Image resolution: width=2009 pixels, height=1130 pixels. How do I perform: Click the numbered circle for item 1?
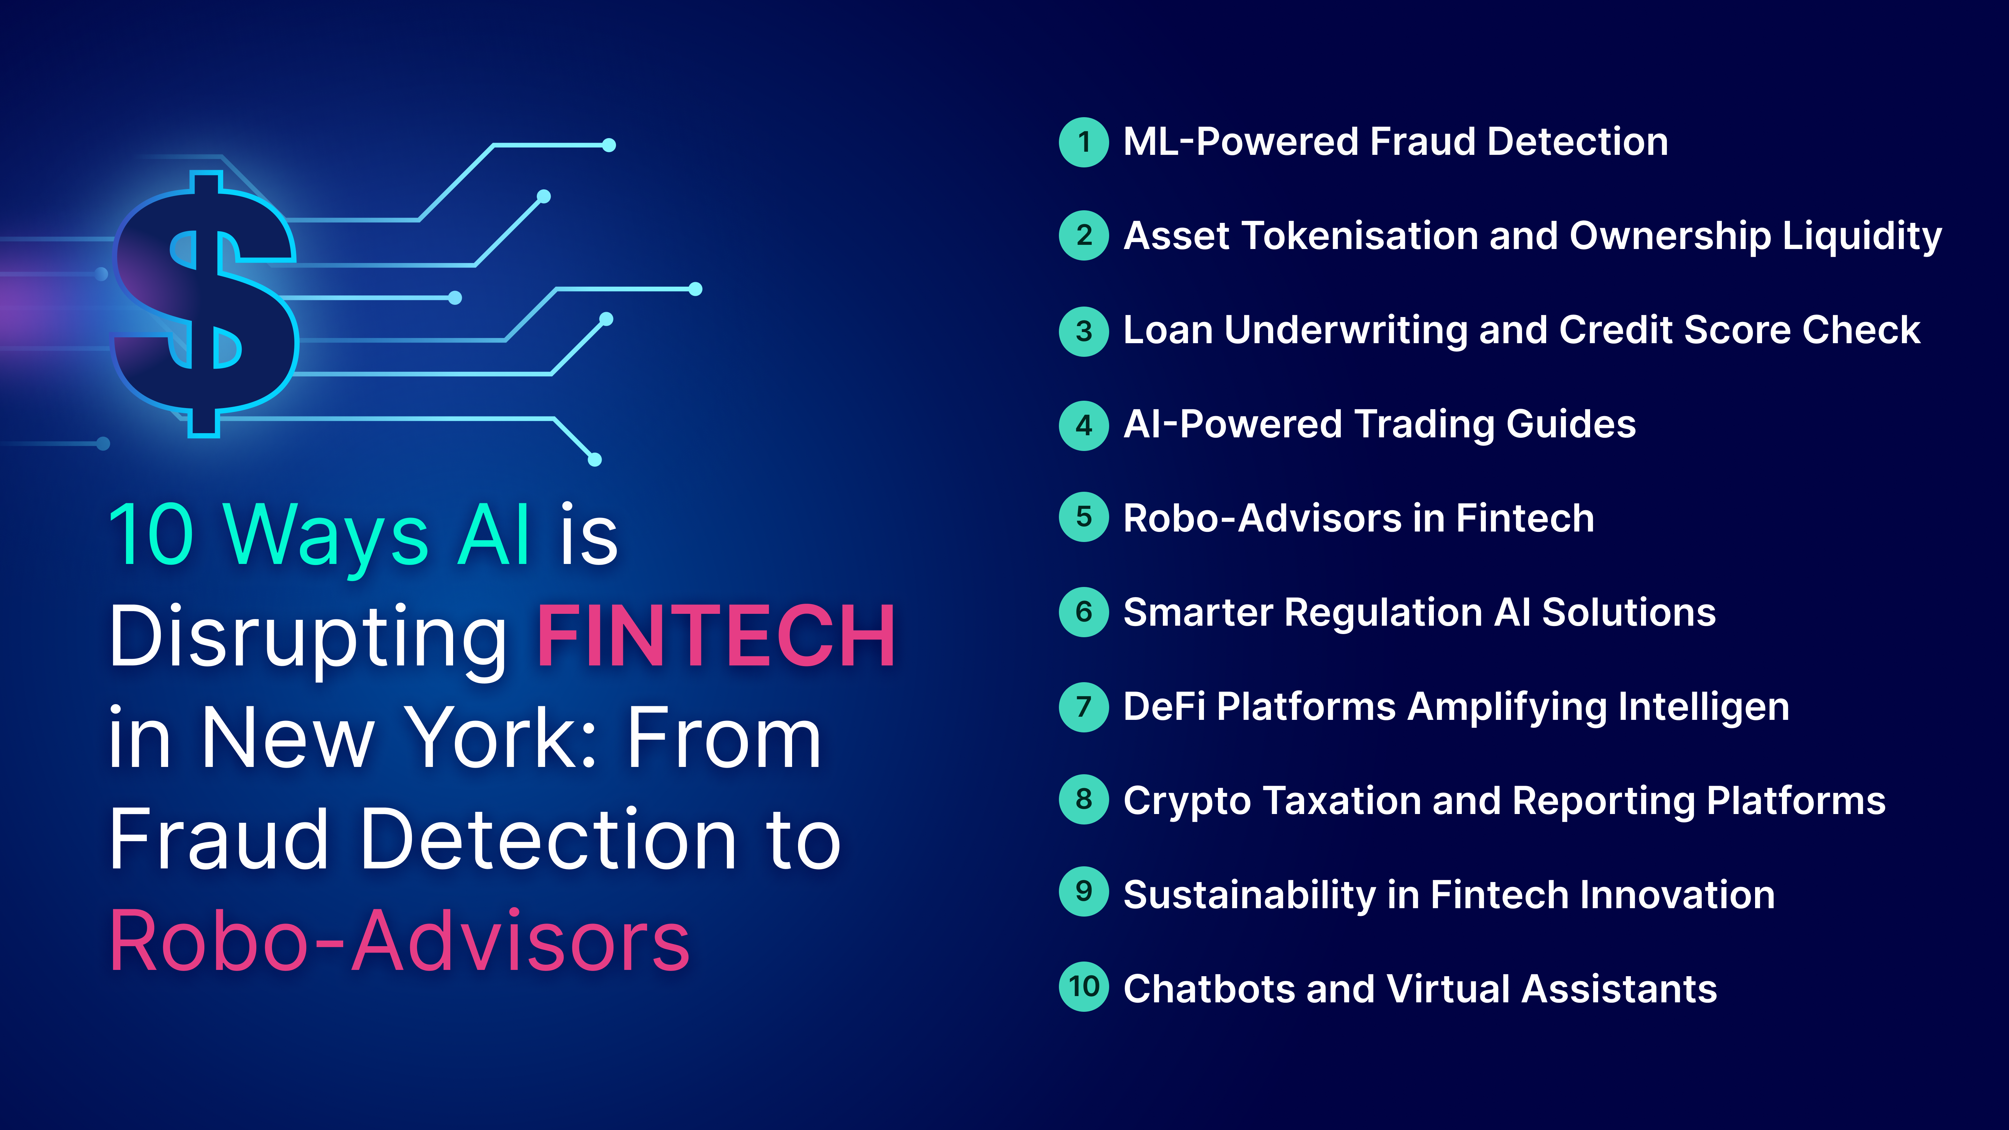click(1083, 142)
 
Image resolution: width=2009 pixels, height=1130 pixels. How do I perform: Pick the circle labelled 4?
click(1083, 425)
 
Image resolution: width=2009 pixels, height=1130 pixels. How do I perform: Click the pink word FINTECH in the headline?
click(716, 637)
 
